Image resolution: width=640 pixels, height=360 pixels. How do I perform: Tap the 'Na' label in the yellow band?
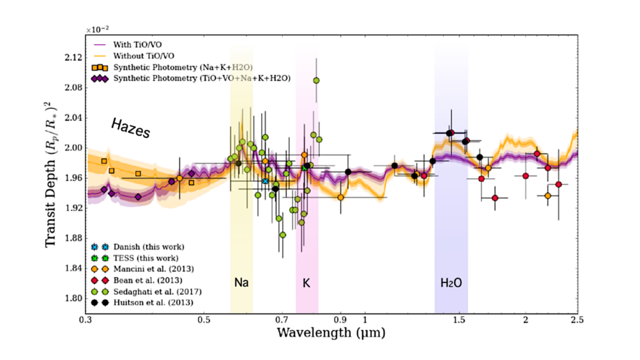coord(241,282)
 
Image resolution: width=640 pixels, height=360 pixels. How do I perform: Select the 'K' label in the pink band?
coord(306,282)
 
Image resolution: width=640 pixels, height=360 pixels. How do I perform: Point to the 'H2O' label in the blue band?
coord(451,282)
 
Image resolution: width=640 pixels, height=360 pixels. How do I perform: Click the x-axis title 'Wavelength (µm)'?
coord(331,333)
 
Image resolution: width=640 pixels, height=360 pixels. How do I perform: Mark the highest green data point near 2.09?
coord(316,81)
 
